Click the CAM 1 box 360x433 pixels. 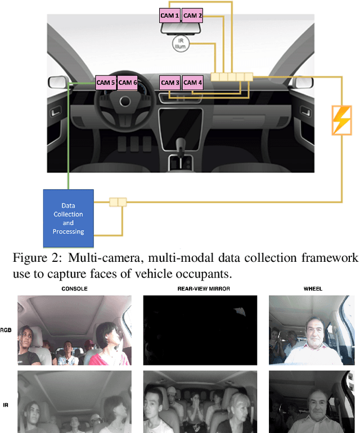[169, 16]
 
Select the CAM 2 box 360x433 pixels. [192, 16]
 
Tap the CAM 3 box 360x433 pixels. [170, 82]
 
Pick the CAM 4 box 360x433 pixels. [193, 82]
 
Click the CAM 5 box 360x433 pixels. [106, 82]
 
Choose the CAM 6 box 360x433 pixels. [127, 82]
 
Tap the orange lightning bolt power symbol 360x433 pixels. [341, 120]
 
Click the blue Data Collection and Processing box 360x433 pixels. [68, 218]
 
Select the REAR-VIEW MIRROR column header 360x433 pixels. [199, 289]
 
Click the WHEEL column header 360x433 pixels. [313, 289]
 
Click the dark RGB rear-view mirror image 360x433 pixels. [199, 331]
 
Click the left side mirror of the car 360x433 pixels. [57, 82]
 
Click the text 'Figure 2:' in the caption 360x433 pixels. [31, 258]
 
